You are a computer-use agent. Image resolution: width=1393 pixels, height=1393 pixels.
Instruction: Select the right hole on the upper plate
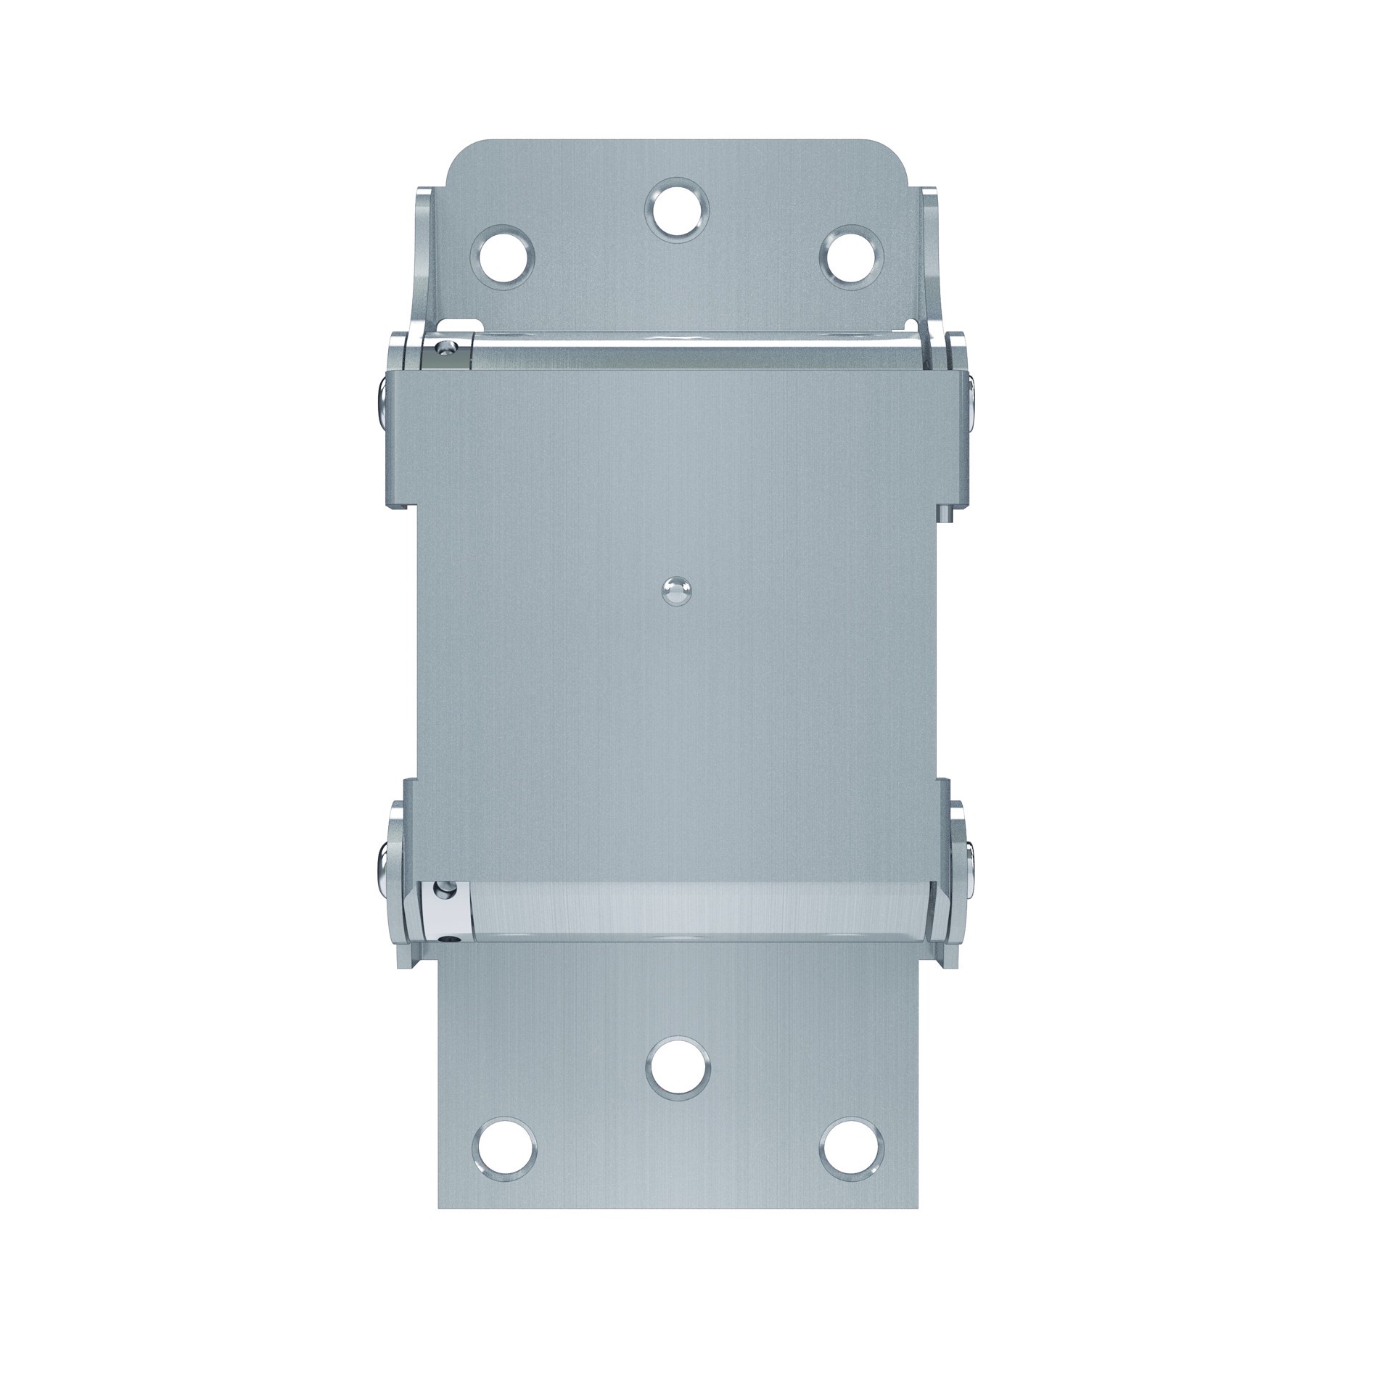(852, 258)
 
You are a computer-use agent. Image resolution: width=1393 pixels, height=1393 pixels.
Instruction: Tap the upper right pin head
(973, 398)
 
